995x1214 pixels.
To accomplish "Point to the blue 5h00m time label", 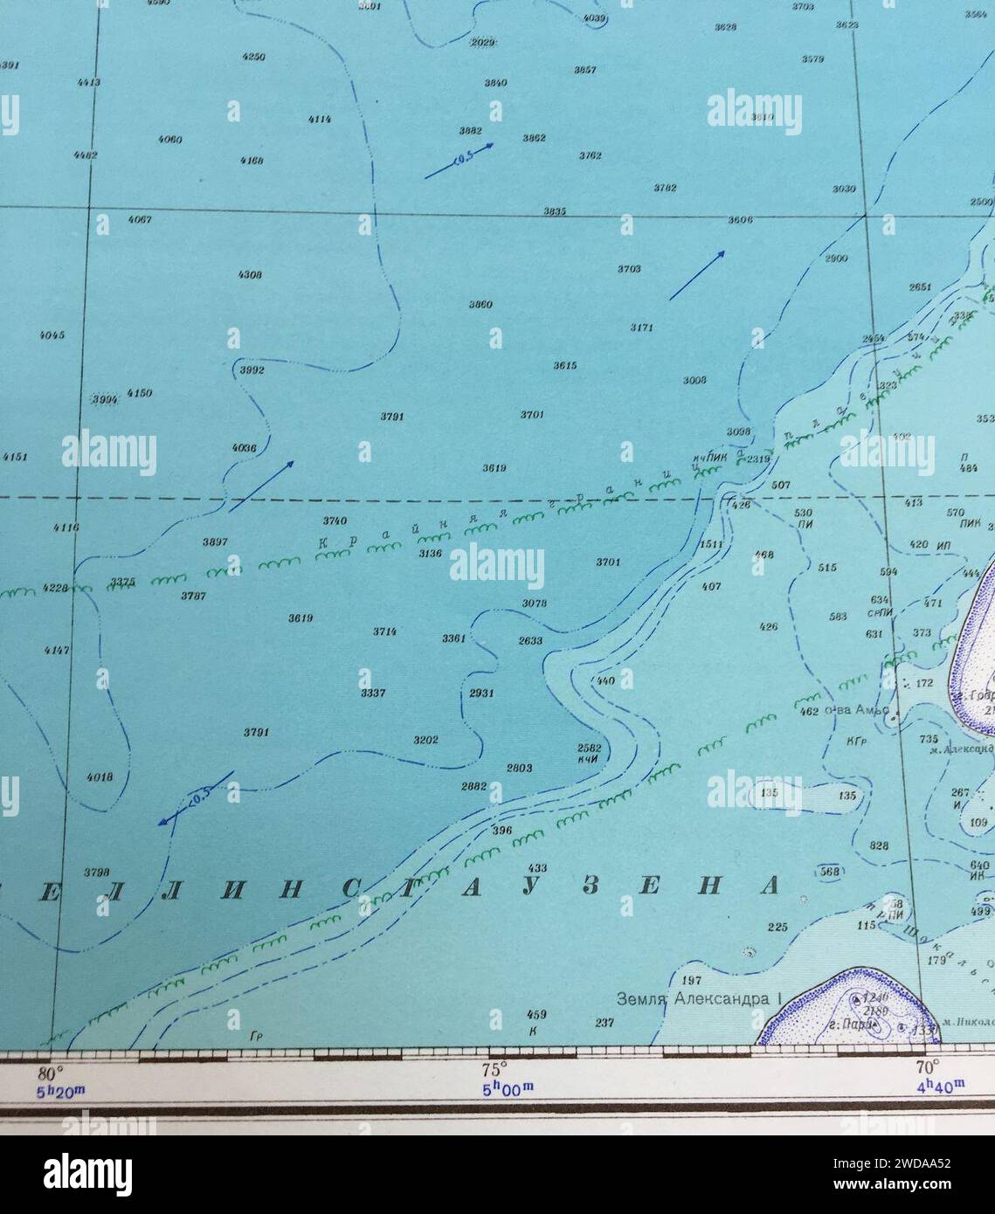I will (x=508, y=1089).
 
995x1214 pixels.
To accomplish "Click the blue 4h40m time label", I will (x=940, y=1086).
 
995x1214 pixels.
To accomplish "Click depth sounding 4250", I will (x=253, y=57).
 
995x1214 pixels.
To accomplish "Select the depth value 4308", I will (x=250, y=274).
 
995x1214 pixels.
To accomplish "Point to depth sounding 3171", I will (x=641, y=328).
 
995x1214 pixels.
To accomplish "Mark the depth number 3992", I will (x=252, y=370).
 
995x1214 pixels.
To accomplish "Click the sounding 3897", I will (x=215, y=542).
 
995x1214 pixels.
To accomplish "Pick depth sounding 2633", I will (x=530, y=640).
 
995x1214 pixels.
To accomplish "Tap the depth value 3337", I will (x=373, y=693).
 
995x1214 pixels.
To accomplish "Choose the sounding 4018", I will (x=100, y=776).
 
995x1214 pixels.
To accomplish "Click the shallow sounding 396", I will (x=501, y=831).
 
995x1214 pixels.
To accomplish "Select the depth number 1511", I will (x=712, y=544).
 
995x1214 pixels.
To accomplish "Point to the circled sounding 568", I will (x=829, y=872).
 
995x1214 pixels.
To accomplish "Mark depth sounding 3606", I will (x=740, y=220).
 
